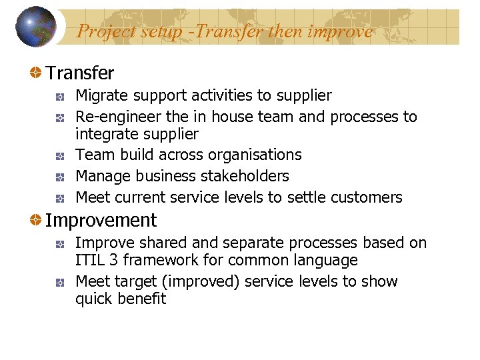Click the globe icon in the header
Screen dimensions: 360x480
click(36, 27)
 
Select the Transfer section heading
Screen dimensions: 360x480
click(79, 73)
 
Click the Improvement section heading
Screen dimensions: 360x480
click(101, 220)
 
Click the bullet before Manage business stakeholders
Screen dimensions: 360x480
click(60, 177)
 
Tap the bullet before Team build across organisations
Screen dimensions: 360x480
click(60, 155)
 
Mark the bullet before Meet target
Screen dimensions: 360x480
click(60, 282)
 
